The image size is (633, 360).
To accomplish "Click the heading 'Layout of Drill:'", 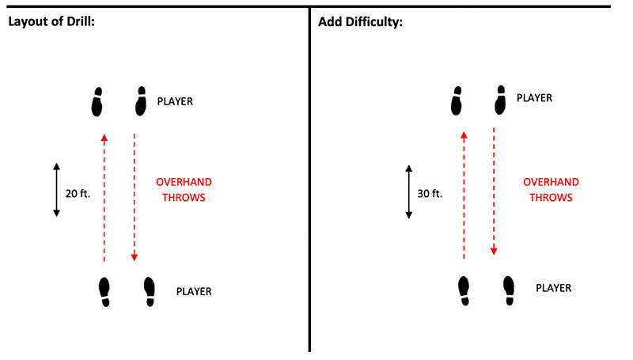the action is [51, 21].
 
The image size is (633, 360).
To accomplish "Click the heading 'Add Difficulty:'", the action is [361, 22].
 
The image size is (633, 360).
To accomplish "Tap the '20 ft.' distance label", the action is [78, 194].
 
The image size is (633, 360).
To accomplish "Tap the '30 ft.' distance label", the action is [430, 194].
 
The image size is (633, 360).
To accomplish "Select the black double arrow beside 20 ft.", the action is [56, 190].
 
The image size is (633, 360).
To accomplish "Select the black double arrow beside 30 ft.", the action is [409, 191].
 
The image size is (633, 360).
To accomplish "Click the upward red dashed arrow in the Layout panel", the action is [104, 198].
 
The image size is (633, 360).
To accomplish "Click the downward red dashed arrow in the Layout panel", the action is [135, 197].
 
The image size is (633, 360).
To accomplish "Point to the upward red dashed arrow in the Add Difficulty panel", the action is [464, 195].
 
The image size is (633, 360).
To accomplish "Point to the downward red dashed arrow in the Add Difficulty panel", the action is [494, 191].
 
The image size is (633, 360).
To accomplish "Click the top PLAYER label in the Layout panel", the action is [175, 101].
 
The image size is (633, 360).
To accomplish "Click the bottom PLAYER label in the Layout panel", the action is [194, 291].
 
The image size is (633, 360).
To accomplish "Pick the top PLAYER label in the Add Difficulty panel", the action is [535, 98].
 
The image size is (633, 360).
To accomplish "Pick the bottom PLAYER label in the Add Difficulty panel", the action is [553, 288].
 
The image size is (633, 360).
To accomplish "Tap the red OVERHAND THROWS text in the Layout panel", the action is [184, 190].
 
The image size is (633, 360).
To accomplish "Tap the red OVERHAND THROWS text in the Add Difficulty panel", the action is [551, 190].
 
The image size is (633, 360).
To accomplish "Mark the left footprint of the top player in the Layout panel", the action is [97, 102].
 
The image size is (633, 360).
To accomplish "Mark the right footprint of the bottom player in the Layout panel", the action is [150, 292].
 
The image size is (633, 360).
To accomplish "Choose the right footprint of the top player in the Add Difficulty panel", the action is [500, 100].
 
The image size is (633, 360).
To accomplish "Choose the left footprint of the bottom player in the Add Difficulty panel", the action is [464, 291].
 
